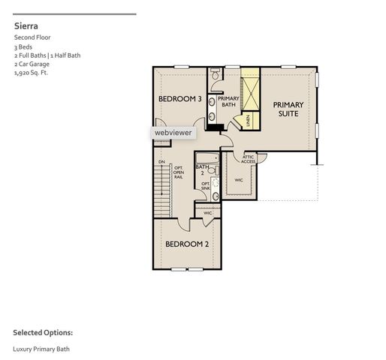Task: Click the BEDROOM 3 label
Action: click(x=179, y=99)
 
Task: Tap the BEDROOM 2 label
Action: click(x=187, y=244)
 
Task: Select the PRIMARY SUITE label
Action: click(x=286, y=109)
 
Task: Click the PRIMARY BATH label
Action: click(x=228, y=101)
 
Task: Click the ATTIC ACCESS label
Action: click(x=248, y=159)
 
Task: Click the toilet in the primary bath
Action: click(x=215, y=75)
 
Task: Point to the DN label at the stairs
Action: click(x=161, y=162)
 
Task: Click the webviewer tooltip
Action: click(x=173, y=133)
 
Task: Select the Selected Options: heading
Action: click(x=42, y=332)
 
